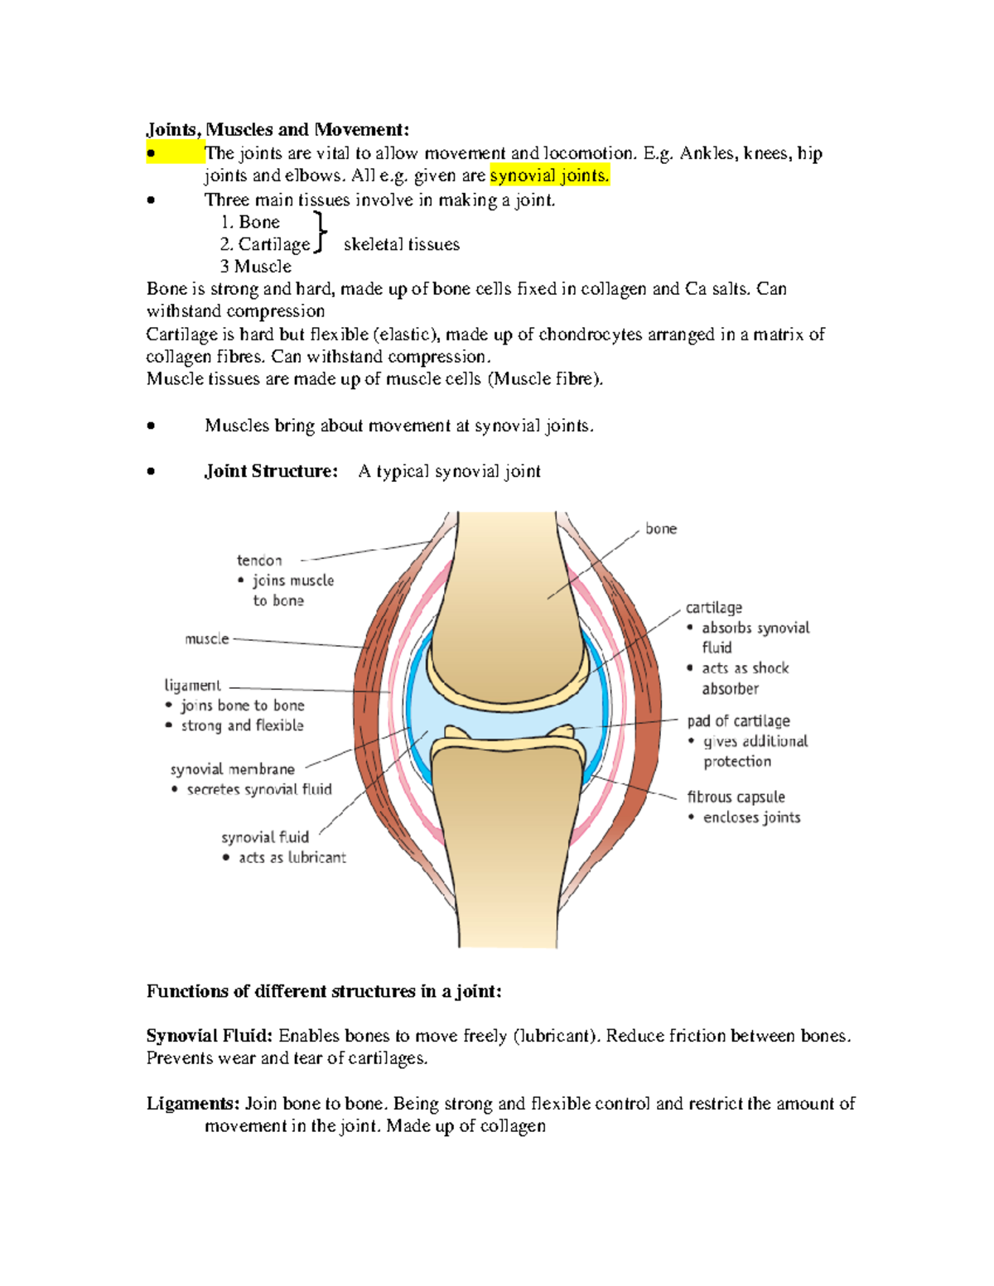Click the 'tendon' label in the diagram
point(259,561)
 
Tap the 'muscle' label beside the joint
point(206,638)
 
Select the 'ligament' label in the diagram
point(192,685)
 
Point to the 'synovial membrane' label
point(232,769)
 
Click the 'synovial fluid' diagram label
point(265,837)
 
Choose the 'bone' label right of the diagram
point(661,529)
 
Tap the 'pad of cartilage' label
point(738,721)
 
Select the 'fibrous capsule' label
point(736,797)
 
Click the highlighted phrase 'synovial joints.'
point(549,176)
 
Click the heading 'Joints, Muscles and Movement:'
point(277,129)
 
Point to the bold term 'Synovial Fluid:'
point(209,1036)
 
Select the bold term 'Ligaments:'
point(193,1104)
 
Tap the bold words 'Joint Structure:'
point(271,471)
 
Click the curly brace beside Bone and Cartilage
point(320,232)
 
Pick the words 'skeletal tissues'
point(401,244)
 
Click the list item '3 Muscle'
point(255,267)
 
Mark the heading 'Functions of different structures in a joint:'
point(324,991)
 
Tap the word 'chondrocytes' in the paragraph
point(590,335)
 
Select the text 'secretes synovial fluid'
point(258,789)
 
